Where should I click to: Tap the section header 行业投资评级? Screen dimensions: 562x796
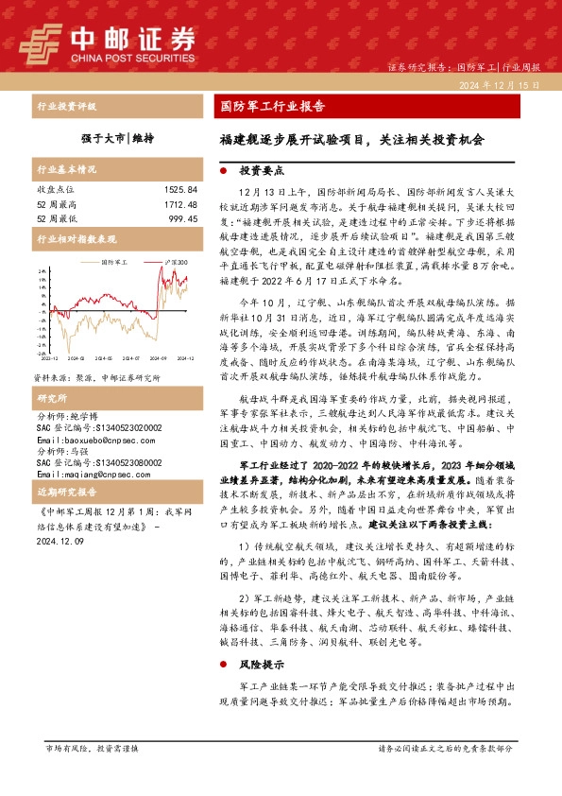[66, 107]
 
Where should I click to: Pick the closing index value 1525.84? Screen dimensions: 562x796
[179, 190]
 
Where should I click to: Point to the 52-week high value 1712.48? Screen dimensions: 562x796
[179, 203]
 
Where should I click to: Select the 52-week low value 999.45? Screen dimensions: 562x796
[182, 217]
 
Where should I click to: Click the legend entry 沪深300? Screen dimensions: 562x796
[177, 262]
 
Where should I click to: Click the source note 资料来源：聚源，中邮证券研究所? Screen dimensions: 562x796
[96, 350]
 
